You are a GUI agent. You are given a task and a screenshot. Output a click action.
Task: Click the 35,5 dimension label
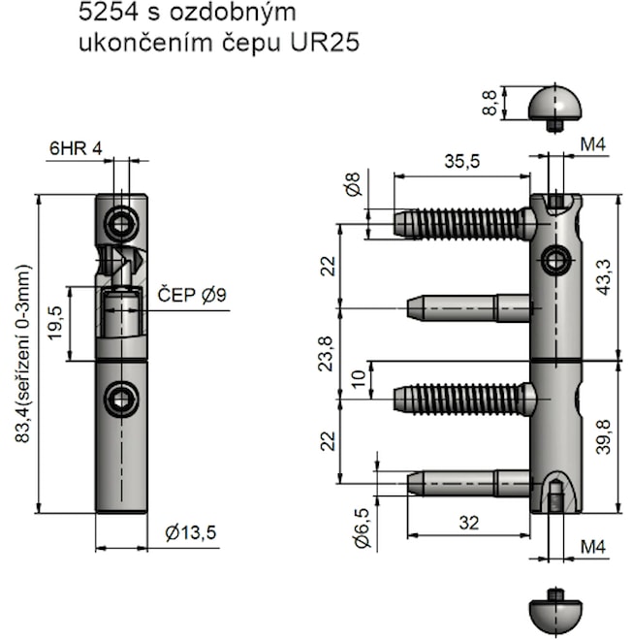pyautogui.click(x=461, y=162)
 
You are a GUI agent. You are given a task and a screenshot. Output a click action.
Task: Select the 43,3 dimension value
pyautogui.click(x=603, y=278)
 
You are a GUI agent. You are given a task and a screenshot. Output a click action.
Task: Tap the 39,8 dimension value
pyautogui.click(x=603, y=437)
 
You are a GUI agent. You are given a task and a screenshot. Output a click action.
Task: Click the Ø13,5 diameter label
pyautogui.click(x=191, y=531)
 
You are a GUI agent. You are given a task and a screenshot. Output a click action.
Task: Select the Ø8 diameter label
pyautogui.click(x=354, y=184)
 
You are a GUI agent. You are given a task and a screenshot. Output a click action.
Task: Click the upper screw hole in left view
pyautogui.click(x=122, y=225)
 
